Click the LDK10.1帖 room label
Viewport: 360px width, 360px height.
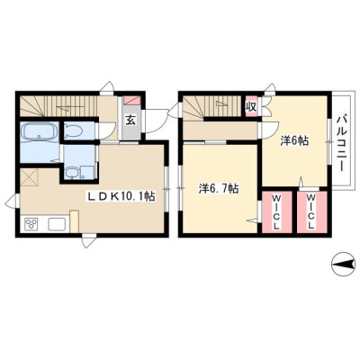tap(121, 197)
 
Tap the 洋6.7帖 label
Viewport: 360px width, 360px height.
tap(219, 189)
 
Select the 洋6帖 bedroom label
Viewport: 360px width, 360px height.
tap(294, 140)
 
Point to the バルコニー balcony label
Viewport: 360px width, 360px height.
tap(340, 143)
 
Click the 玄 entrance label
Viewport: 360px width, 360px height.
tap(130, 121)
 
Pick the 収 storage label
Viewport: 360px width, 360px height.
tap(251, 106)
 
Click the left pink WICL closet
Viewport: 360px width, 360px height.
tap(276, 211)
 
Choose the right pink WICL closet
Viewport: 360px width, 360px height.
tap(312, 211)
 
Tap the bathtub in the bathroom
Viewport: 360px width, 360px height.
tap(40, 132)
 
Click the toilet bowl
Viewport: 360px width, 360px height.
tap(74, 130)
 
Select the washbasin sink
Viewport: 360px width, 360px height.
tap(73, 173)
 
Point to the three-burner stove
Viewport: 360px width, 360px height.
tap(31, 224)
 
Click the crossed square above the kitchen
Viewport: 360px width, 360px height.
tap(30, 177)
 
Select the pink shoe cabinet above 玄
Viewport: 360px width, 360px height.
tap(132, 100)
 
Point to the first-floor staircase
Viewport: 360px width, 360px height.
tap(58, 105)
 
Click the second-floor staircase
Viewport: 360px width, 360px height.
tap(212, 105)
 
